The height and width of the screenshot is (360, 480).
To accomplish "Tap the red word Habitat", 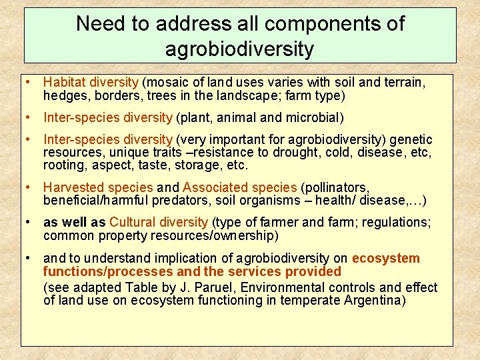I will click(x=63, y=83).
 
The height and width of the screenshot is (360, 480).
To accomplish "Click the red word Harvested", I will click(x=71, y=187).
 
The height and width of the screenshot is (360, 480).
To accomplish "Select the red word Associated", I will click(x=213, y=187).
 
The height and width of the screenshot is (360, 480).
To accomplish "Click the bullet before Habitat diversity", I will click(x=29, y=83).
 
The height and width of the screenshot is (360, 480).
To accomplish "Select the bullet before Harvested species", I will click(x=29, y=187).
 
